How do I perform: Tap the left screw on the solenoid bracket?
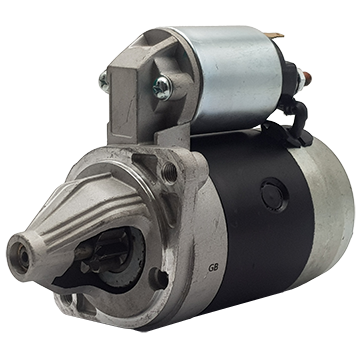[104, 81]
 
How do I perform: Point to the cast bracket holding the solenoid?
[130, 100]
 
